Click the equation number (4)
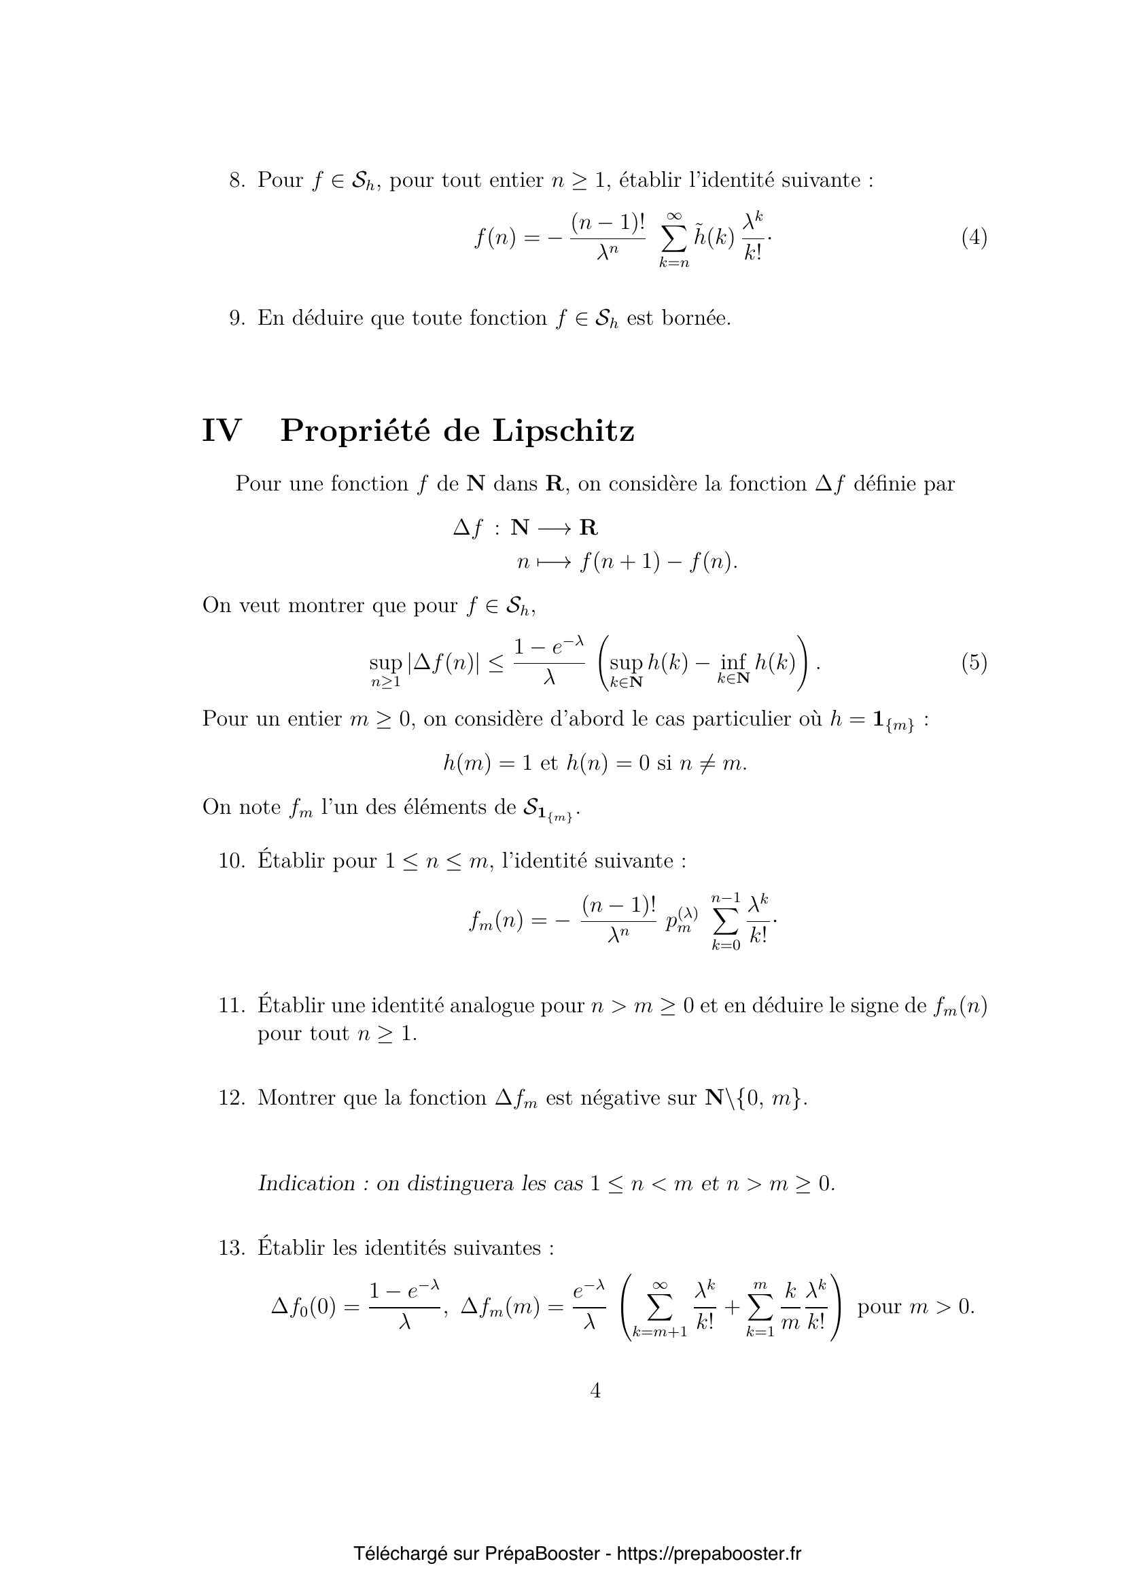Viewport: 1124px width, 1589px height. point(974,238)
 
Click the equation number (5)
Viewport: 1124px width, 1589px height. point(974,663)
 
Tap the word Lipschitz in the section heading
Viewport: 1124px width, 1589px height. point(563,431)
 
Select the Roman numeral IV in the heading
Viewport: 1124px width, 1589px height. point(222,431)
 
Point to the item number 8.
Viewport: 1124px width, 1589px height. point(236,181)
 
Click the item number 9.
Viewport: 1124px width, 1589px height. point(236,319)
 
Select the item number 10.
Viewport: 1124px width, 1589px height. point(232,861)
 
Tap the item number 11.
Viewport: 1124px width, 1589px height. point(232,1005)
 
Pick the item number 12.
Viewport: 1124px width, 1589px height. point(232,1099)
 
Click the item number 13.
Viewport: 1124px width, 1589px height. point(232,1248)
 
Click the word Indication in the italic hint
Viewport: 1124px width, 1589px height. point(306,1183)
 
